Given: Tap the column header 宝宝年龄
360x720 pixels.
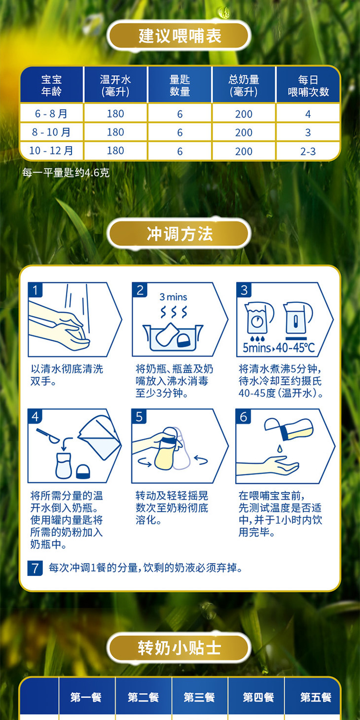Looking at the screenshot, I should tap(51, 85).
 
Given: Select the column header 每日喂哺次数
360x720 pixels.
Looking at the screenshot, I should tap(308, 85).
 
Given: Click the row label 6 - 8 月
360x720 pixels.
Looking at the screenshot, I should tap(51, 114).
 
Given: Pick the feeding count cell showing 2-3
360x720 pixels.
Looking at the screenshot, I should tap(308, 151).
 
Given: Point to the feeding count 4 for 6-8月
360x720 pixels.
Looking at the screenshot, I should tap(308, 114).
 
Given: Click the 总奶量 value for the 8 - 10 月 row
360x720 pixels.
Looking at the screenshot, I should tap(244, 133).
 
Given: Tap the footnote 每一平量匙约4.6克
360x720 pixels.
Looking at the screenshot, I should tap(66, 173).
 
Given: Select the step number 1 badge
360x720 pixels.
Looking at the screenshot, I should tap(35, 290).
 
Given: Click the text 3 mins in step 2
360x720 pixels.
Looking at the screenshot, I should tap(173, 297).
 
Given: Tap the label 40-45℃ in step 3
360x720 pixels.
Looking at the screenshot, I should tap(295, 348).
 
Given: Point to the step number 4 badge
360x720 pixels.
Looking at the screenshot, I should tap(35, 417).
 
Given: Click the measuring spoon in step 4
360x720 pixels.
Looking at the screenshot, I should tap(51, 434).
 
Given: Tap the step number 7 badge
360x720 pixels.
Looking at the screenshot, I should tap(35, 568).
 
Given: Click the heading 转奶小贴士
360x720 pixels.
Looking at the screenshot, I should tap(180, 648).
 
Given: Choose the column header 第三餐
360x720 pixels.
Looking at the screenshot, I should tap(199, 697).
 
